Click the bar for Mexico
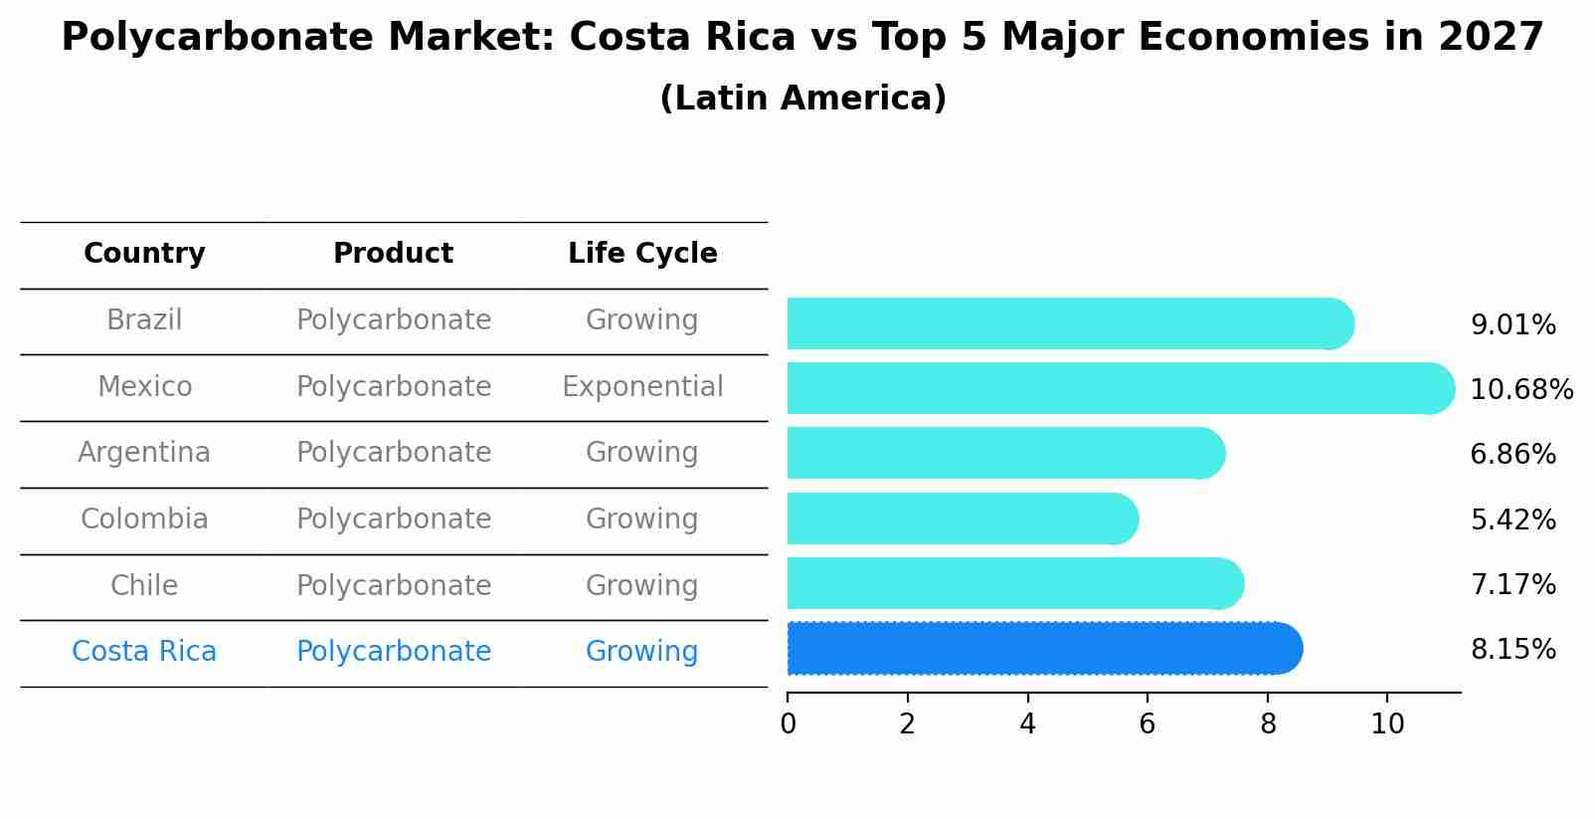click(1114, 388)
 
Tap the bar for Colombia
click(960, 518)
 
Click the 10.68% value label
click(1521, 389)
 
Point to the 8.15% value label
click(1512, 650)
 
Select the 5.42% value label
click(1512, 519)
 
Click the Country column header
click(144, 254)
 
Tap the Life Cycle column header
click(642, 254)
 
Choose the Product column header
click(393, 254)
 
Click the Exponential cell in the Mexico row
click(642, 386)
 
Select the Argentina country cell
click(144, 453)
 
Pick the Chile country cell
click(144, 585)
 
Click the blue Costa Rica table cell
click(144, 652)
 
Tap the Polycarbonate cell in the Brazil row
click(394, 320)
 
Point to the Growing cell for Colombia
click(642, 519)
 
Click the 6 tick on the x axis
click(1148, 723)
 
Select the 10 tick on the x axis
click(1387, 723)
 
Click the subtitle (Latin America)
click(802, 99)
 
